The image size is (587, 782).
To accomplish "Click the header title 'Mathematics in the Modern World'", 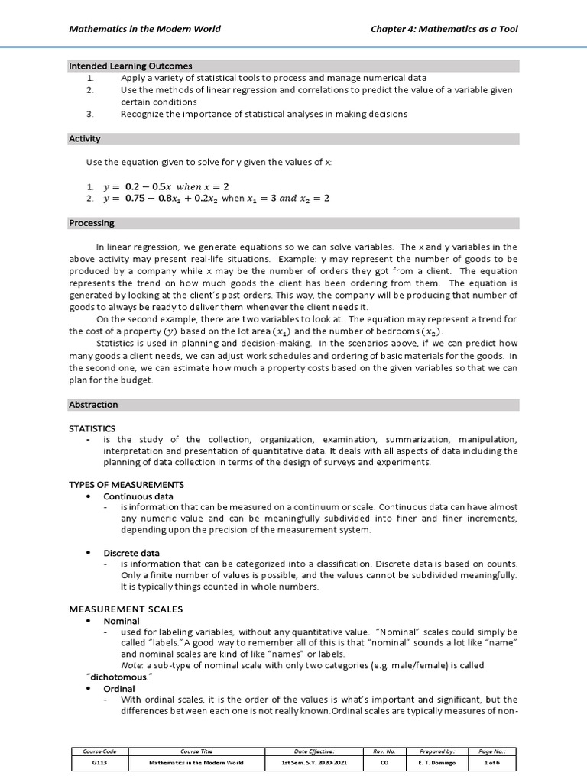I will pos(144,29).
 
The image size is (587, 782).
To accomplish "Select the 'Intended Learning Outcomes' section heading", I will pos(131,66).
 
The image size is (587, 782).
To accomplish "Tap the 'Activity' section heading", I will pos(84,139).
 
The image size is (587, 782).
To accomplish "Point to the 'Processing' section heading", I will pos(91,223).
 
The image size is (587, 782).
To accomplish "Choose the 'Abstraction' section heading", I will pos(93,404).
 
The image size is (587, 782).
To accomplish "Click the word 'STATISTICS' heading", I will pos(92,428).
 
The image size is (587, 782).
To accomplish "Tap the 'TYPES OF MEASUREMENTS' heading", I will pos(126,485).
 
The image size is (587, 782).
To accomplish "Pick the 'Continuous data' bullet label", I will pos(138,496).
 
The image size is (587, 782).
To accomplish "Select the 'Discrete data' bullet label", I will pos(132,552).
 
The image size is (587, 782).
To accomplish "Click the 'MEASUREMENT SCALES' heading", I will pos(126,609).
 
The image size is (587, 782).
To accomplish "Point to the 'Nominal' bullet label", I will pos(122,621).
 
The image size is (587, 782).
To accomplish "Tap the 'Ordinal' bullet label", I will pos(119,688).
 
